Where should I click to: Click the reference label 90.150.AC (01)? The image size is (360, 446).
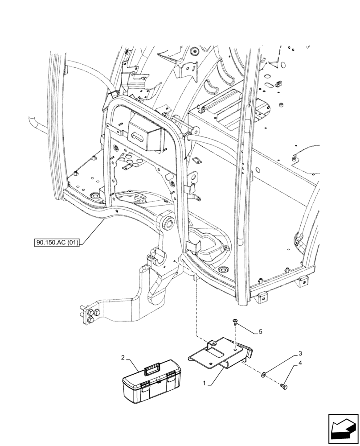[x=56, y=243]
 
